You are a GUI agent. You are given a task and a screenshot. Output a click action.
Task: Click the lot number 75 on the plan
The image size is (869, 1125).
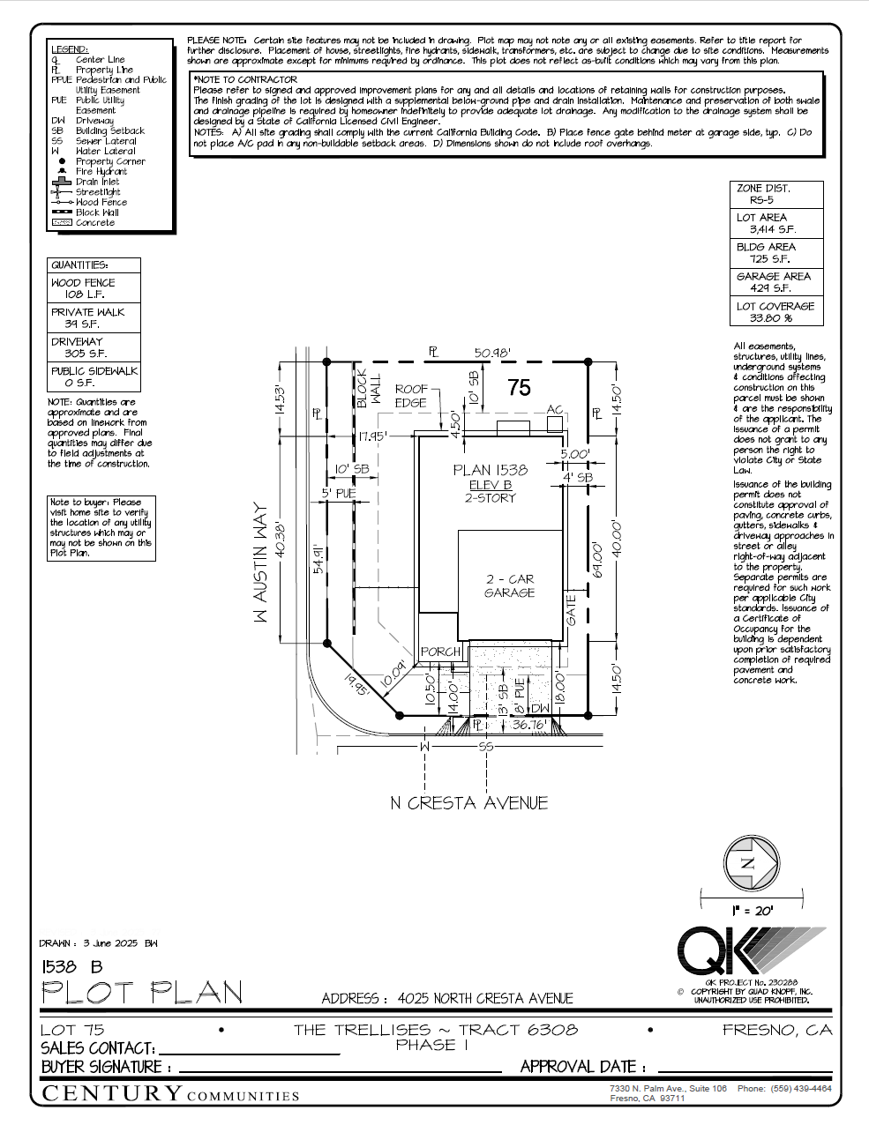tap(520, 387)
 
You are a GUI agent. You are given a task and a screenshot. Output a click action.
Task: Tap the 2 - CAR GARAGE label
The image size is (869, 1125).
tap(509, 586)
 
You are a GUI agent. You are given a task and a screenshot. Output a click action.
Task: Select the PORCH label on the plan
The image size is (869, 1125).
tap(440, 652)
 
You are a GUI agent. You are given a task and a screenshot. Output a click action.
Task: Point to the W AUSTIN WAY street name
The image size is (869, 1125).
tap(260, 564)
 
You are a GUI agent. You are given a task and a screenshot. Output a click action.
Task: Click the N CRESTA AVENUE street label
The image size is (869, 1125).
tap(468, 803)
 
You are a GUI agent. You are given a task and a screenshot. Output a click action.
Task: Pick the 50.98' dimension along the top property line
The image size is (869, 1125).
tap(492, 353)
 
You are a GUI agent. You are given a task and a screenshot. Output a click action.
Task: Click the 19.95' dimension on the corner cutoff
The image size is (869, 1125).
tap(357, 684)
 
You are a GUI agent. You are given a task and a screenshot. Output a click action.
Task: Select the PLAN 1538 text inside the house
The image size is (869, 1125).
tap(490, 470)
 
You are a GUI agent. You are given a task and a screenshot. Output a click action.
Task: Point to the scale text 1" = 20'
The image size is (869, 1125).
tap(752, 911)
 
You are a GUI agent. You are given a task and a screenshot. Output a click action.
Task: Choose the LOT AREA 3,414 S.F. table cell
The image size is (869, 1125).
tap(775, 223)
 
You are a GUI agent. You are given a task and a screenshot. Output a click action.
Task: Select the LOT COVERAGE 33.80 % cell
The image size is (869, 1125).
tap(775, 312)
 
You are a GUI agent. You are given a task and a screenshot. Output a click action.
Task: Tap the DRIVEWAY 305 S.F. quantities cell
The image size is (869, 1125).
tap(93, 347)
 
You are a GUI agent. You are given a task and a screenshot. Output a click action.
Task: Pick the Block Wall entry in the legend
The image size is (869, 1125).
tap(96, 212)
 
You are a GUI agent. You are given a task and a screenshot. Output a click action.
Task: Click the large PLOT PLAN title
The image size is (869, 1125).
tap(142, 994)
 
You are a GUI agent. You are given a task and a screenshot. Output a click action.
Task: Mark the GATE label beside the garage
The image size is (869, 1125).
tap(571, 610)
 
